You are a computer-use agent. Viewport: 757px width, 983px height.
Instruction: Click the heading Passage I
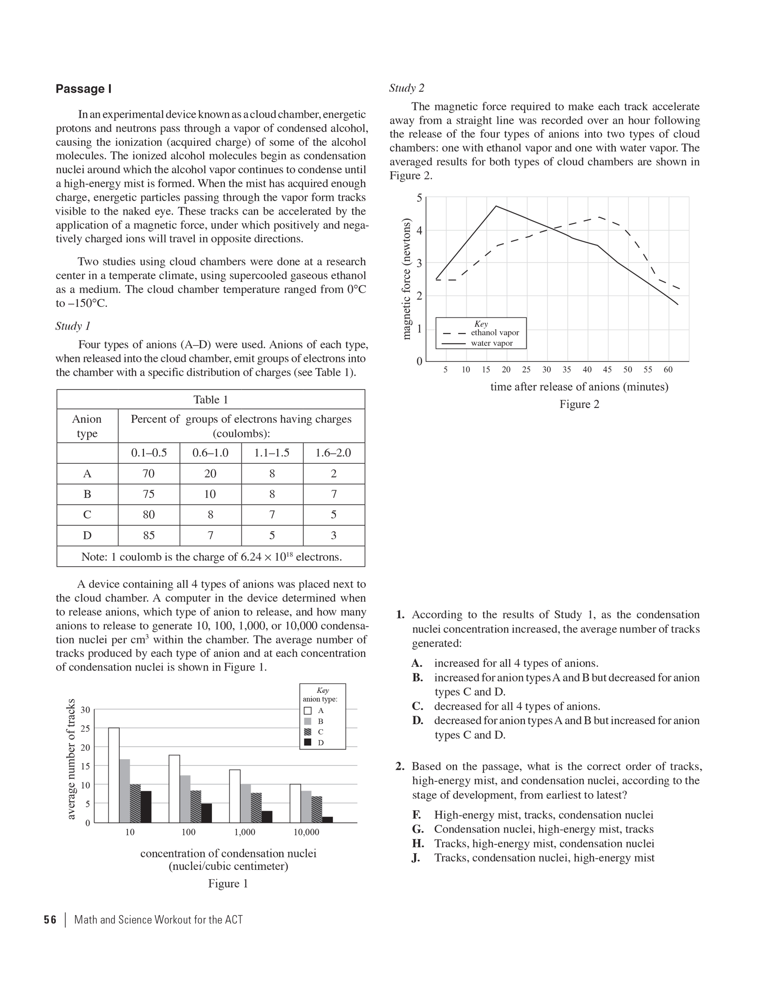pos(84,89)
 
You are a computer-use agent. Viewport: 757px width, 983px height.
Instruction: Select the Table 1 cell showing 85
pos(149,535)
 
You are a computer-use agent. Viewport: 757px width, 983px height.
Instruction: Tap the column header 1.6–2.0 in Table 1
pos(333,453)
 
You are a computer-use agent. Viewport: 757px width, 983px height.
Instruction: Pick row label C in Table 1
pos(87,515)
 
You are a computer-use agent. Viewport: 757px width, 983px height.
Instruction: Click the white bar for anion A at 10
pos(114,775)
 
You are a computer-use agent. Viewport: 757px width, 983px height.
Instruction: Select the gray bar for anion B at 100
pos(185,798)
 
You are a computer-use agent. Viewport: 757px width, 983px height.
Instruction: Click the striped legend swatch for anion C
pos(308,731)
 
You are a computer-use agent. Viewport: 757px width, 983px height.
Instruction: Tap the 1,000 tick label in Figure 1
pos(245,832)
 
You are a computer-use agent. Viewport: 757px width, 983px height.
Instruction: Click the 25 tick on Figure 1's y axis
pos(85,728)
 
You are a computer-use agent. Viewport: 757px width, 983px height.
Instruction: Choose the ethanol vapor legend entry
pos(494,333)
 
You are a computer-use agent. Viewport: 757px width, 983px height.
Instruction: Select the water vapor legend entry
pos(492,343)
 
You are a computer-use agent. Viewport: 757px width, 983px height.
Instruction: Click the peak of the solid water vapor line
pos(496,206)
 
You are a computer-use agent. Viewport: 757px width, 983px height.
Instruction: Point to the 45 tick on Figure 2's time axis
pos(607,370)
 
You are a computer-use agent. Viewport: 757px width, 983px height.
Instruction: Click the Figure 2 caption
pos(579,404)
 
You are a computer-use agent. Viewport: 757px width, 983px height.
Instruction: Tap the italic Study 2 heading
pos(407,88)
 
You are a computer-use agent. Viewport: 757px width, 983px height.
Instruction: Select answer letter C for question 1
pos(417,706)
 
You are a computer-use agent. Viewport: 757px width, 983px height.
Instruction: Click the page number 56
pos(50,920)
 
